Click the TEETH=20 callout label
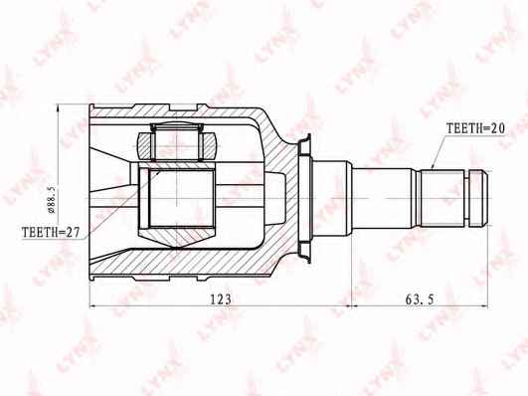[x=475, y=128]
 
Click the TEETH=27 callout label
[x=51, y=232]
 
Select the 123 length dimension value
[x=221, y=298]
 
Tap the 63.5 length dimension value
[x=420, y=298]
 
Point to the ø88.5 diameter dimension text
[x=52, y=200]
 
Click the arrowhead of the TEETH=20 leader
[x=433, y=167]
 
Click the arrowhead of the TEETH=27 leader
[x=157, y=173]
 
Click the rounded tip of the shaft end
[x=485, y=198]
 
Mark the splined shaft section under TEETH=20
[x=442, y=198]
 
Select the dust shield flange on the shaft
[x=304, y=198]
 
